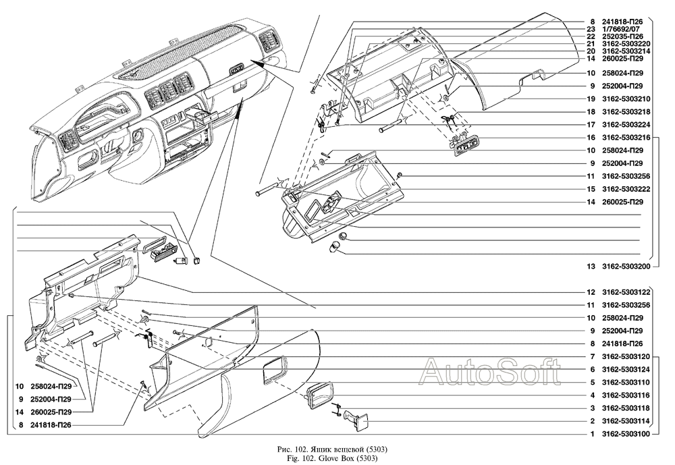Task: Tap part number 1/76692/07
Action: pos(622,29)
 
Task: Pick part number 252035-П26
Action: pos(623,36)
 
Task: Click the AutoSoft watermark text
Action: pos(490,369)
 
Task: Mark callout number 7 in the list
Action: pos(591,356)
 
